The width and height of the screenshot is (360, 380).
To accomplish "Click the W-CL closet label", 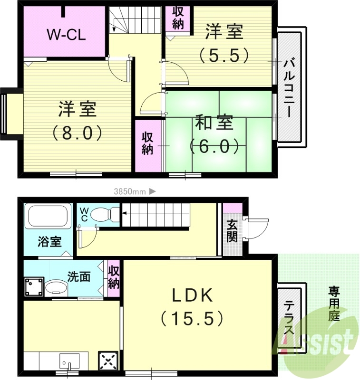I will [x=66, y=34].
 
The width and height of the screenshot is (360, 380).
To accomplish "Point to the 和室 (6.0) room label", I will [x=214, y=134].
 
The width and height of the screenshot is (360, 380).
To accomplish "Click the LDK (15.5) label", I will [x=192, y=306].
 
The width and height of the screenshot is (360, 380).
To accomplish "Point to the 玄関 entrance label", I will [x=232, y=230].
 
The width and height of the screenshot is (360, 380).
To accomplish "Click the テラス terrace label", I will [x=289, y=319].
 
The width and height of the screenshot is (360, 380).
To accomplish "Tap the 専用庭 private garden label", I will [x=334, y=304].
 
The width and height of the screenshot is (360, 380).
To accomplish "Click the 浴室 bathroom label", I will [x=49, y=242].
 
